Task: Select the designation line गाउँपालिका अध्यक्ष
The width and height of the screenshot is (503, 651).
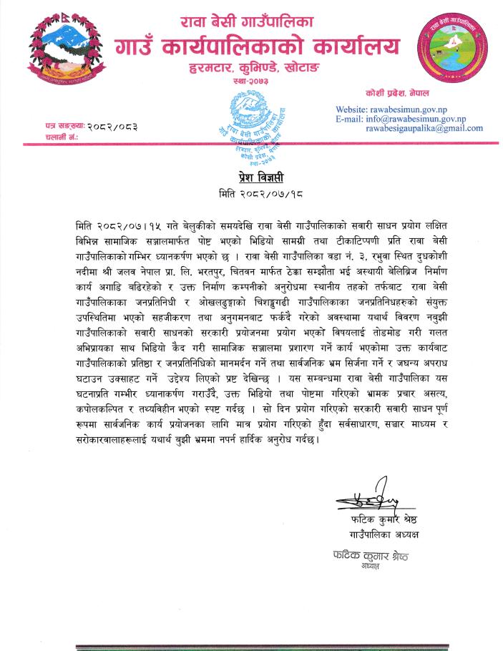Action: coord(384,534)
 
